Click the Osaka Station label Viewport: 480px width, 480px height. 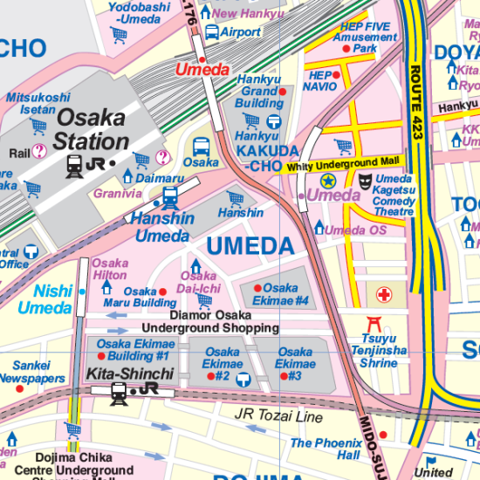click(92, 129)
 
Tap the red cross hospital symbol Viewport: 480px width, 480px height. click(384, 295)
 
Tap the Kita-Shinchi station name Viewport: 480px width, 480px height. click(130, 374)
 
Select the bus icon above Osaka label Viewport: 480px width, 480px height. click(201, 147)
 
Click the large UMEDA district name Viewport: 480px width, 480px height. click(250, 247)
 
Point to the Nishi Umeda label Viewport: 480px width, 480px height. click(45, 299)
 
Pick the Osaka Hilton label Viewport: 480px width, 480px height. click(110, 269)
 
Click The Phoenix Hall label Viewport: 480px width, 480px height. click(325, 449)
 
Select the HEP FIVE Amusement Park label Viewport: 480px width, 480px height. click(367, 38)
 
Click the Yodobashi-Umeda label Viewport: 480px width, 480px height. click(139, 12)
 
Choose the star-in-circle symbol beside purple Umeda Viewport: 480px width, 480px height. click(328, 181)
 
